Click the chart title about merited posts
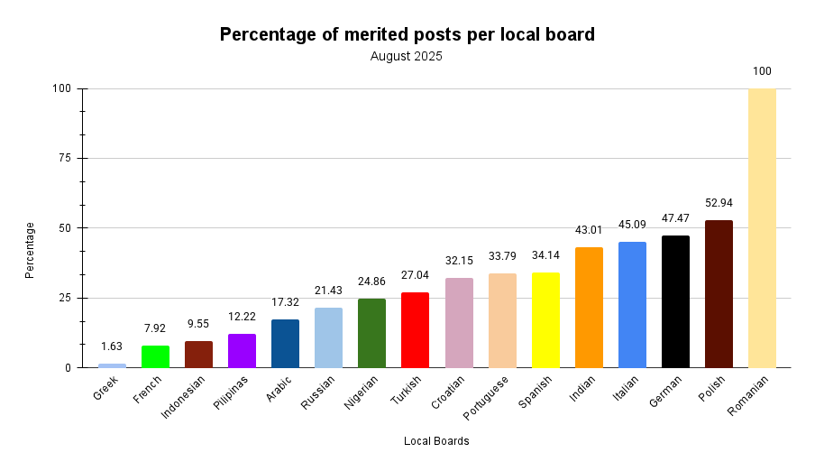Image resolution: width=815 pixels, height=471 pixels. click(407, 34)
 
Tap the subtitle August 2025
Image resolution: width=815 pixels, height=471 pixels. click(407, 56)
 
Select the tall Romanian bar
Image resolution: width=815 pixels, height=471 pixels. click(762, 227)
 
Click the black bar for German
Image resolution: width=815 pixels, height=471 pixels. click(675, 301)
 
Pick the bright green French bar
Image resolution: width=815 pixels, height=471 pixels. click(155, 356)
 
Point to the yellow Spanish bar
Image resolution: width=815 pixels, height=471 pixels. click(545, 319)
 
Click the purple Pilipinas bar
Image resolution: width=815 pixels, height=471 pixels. click(242, 350)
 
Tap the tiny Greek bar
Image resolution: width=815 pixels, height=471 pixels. click(112, 365)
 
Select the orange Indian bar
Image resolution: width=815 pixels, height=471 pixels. click(589, 307)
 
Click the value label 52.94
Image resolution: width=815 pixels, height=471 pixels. click(719, 203)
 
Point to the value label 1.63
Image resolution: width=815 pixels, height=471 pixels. click(112, 346)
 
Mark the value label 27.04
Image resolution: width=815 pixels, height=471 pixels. click(416, 275)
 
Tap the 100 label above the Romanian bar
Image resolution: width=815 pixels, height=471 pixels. click(762, 71)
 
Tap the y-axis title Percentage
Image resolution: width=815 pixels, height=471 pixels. click(30, 250)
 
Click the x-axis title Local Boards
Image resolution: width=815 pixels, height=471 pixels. click(436, 441)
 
